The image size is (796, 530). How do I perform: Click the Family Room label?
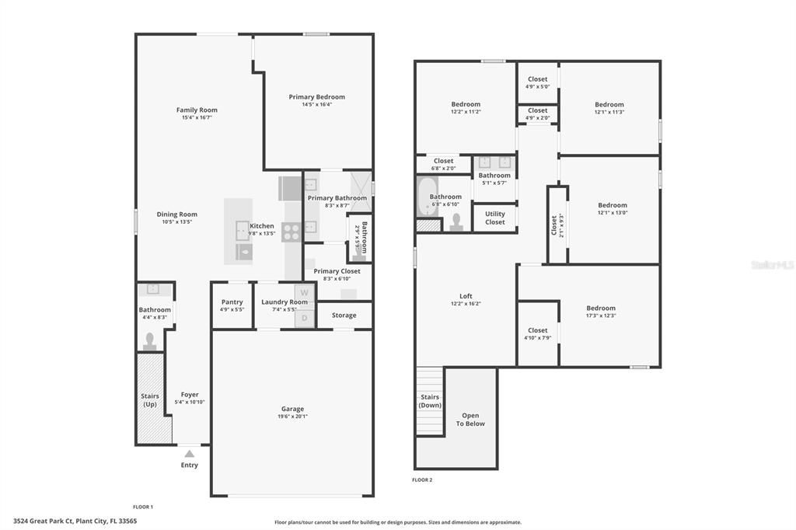(x=197, y=110)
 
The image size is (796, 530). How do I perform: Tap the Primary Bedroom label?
(x=316, y=97)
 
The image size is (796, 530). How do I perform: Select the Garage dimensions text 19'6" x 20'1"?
(x=292, y=417)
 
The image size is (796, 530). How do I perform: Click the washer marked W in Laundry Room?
(x=305, y=293)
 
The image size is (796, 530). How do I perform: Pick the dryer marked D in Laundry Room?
(x=305, y=317)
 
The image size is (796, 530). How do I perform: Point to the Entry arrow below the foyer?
(x=189, y=452)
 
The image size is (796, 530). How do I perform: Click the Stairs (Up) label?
(x=150, y=400)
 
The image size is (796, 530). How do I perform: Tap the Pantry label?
(x=232, y=302)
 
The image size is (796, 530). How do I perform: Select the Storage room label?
(x=344, y=316)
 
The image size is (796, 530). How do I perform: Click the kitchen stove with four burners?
(x=291, y=229)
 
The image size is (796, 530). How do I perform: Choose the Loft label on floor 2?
(x=466, y=296)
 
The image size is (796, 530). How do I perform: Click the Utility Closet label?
(x=494, y=218)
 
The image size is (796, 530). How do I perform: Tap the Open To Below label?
(x=470, y=420)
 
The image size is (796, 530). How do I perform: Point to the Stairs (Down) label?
(x=430, y=401)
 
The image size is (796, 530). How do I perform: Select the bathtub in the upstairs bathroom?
(x=428, y=198)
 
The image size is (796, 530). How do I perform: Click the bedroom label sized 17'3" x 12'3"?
(x=600, y=309)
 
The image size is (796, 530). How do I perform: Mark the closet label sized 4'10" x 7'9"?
(x=537, y=331)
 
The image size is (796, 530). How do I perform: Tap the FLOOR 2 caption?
(x=422, y=480)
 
